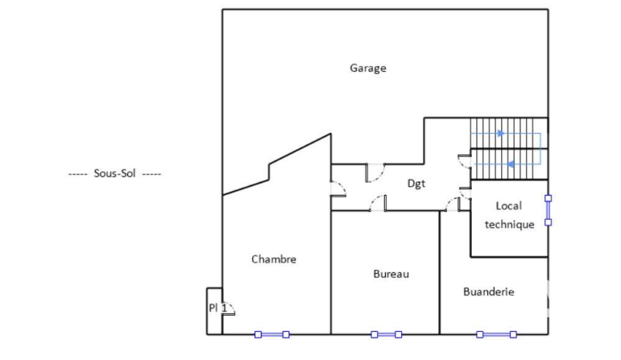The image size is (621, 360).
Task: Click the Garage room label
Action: (368, 68)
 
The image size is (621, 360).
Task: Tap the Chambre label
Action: (274, 259)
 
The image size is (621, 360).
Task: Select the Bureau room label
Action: (391, 274)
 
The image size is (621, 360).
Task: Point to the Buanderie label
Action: (489, 292)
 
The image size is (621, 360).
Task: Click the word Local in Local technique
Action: (509, 206)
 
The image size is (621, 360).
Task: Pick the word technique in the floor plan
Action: (510, 225)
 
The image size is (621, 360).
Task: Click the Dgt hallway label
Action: (416, 184)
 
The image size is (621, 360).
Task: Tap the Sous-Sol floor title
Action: (114, 173)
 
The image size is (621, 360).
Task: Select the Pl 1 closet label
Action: (217, 308)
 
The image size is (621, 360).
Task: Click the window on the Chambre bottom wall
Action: (271, 335)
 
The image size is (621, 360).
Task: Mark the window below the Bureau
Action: (386, 335)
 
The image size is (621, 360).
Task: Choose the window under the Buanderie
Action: (496, 335)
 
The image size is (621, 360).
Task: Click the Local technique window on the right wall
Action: (549, 210)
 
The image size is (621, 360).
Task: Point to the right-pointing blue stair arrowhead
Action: (501, 134)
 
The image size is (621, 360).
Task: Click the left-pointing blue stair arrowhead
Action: (511, 164)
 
